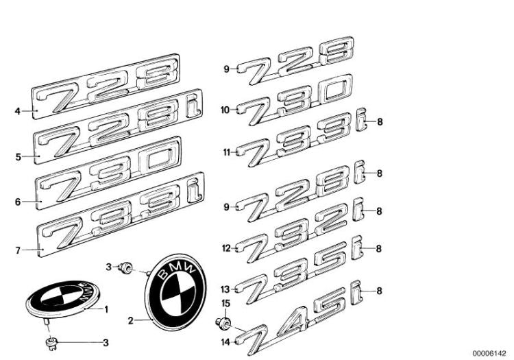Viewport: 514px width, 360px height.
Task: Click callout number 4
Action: tap(18, 110)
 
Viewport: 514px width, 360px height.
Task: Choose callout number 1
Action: tap(106, 309)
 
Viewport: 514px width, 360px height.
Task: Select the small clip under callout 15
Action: tap(224, 320)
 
